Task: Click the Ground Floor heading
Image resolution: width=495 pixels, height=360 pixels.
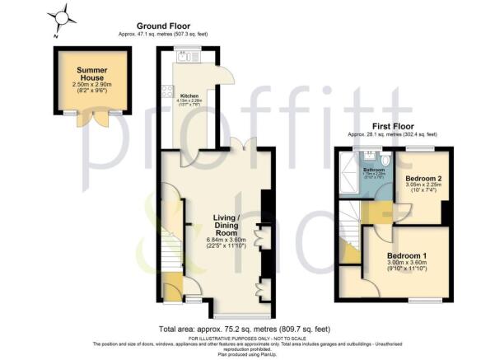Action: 182,26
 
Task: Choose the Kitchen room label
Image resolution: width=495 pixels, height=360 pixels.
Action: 190,96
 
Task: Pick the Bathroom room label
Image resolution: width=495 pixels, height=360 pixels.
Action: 374,169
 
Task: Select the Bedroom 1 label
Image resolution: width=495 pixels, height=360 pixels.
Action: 408,256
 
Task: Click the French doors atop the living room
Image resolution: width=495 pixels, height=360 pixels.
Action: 240,145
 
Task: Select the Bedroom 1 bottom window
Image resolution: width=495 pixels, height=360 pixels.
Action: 427,300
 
